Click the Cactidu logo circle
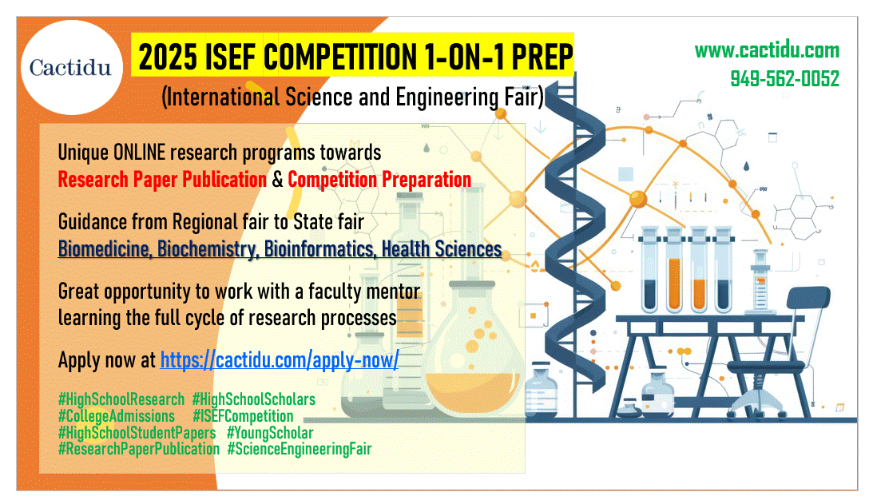pyautogui.click(x=72, y=68)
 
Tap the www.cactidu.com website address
pyautogui.click(x=767, y=50)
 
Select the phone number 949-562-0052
pyautogui.click(x=785, y=79)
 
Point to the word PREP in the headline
pyautogui.click(x=542, y=57)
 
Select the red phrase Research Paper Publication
pyautogui.click(x=162, y=180)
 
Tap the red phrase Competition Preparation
pyautogui.click(x=379, y=180)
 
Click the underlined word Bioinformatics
pyautogui.click(x=319, y=249)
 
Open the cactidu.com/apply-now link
pyautogui.click(x=280, y=360)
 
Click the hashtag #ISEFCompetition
pyautogui.click(x=243, y=416)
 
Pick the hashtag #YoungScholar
pyautogui.click(x=270, y=432)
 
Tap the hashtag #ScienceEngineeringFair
pyautogui.click(x=300, y=449)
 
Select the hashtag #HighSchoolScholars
pyautogui.click(x=254, y=399)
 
